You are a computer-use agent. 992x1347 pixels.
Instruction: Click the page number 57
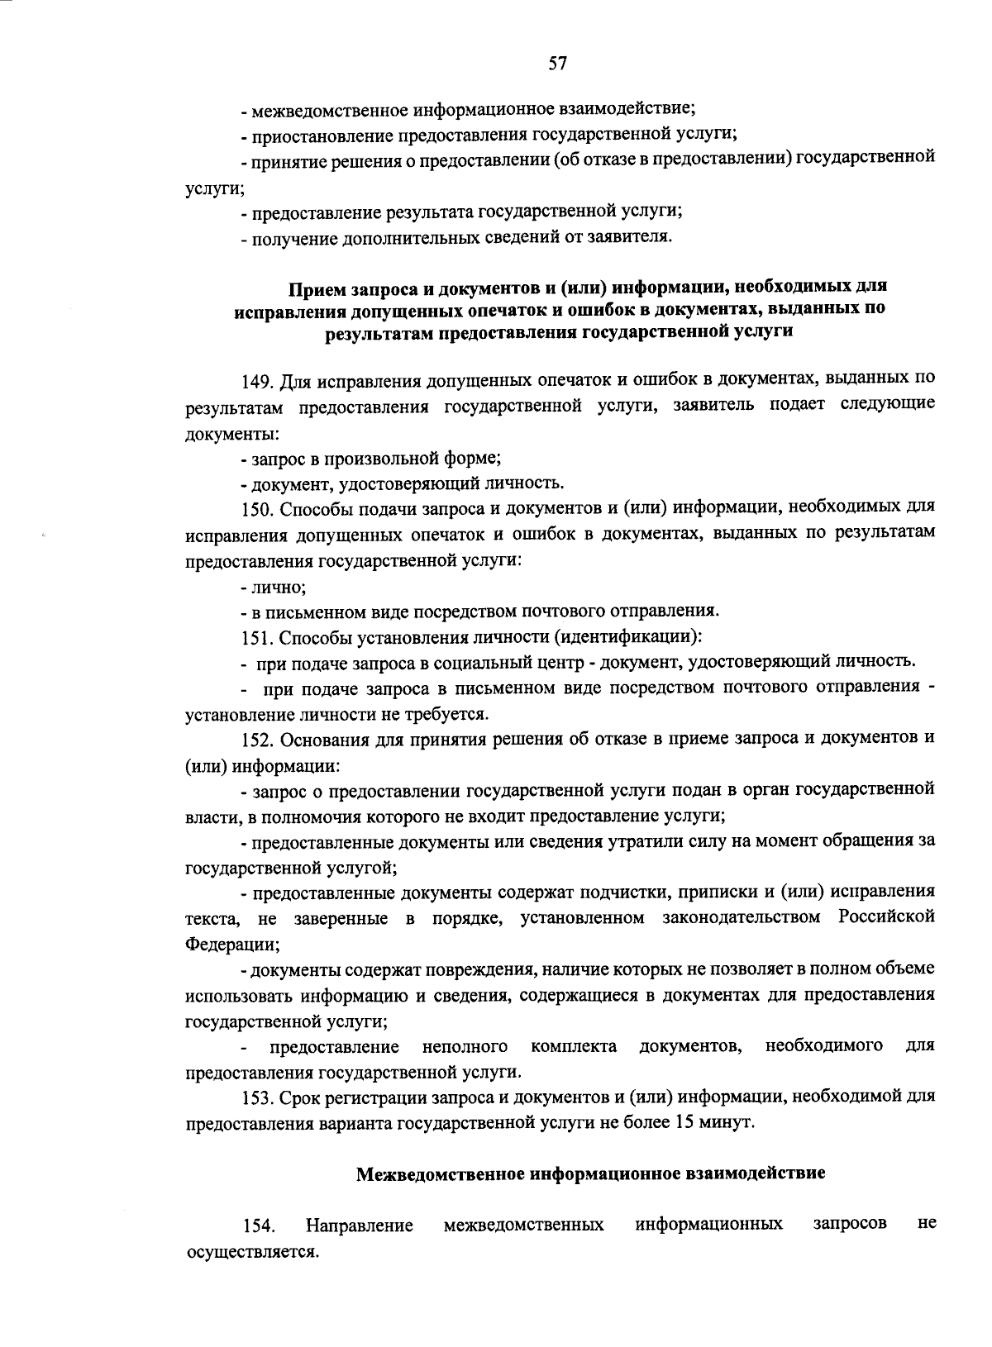tap(556, 64)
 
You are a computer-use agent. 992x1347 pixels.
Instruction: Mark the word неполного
tap(465, 1047)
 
